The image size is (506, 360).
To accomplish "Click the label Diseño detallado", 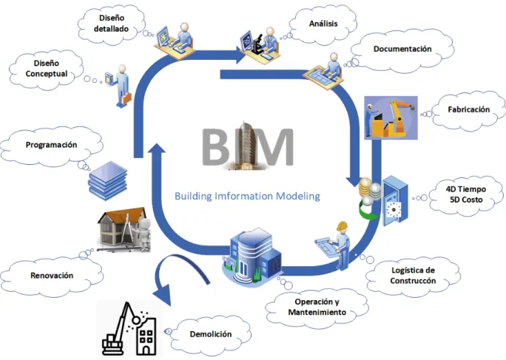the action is pyautogui.click(x=111, y=23).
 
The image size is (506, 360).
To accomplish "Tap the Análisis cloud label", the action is pyautogui.click(x=323, y=24).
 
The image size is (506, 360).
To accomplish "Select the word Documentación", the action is pyautogui.click(x=402, y=49).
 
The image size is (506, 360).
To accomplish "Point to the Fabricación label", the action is pyautogui.click(x=468, y=109).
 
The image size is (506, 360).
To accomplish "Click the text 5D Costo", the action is pyautogui.click(x=466, y=200).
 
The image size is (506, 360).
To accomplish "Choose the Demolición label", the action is pyautogui.click(x=210, y=334).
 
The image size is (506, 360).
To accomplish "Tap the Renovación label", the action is pyautogui.click(x=52, y=275).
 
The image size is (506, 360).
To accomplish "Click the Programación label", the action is pyautogui.click(x=51, y=145).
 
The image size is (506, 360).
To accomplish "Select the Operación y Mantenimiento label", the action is pyautogui.click(x=317, y=307).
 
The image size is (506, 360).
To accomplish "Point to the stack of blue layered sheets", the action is pyautogui.click(x=108, y=180).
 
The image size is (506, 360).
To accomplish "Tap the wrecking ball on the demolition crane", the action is pyautogui.click(x=136, y=319).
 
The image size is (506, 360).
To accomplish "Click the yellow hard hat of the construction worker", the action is pyautogui.click(x=342, y=226).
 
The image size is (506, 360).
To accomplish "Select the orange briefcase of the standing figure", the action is pyautogui.click(x=127, y=98).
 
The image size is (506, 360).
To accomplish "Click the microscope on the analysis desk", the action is pyautogui.click(x=257, y=46).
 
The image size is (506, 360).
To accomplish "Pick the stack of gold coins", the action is pyautogui.click(x=365, y=187).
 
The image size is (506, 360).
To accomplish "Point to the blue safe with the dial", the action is pyautogui.click(x=395, y=200).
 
